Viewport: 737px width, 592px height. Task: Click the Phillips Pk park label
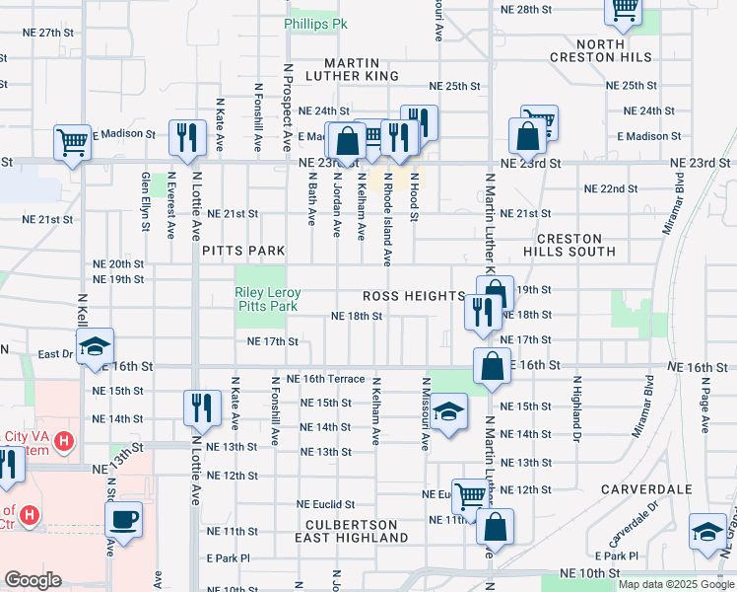coord(317,23)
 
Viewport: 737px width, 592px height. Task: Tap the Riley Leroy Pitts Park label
coord(267,300)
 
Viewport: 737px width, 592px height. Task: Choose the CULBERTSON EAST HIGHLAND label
coord(352,531)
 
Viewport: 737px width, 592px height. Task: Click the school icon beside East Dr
coord(96,346)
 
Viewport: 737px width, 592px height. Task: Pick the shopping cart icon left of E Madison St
coord(73,142)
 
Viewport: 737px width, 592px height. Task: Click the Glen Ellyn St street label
coord(146,201)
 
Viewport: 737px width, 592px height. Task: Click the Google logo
coord(33,580)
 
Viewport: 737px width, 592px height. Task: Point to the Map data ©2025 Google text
coord(676,584)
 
